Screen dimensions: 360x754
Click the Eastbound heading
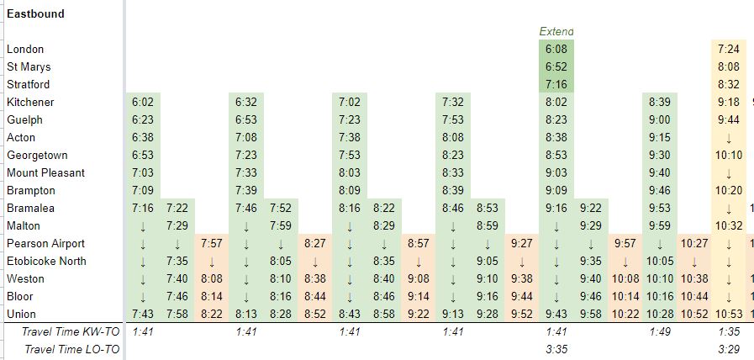(x=36, y=13)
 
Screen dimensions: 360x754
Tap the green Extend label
(x=556, y=31)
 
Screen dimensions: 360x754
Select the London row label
(x=25, y=50)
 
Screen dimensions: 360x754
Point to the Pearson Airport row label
(x=45, y=244)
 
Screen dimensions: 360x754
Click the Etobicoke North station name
(x=46, y=262)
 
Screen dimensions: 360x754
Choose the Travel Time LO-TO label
(x=72, y=349)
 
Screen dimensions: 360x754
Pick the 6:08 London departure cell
(x=556, y=50)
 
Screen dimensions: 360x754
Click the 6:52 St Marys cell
(x=556, y=67)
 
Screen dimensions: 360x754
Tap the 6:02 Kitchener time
(x=142, y=103)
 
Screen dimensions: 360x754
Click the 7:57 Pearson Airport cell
(x=211, y=244)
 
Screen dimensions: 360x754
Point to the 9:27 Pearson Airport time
(x=522, y=244)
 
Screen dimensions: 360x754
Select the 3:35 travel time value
(x=556, y=349)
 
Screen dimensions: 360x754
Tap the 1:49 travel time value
(x=660, y=332)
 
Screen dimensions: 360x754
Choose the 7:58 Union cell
(x=177, y=315)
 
